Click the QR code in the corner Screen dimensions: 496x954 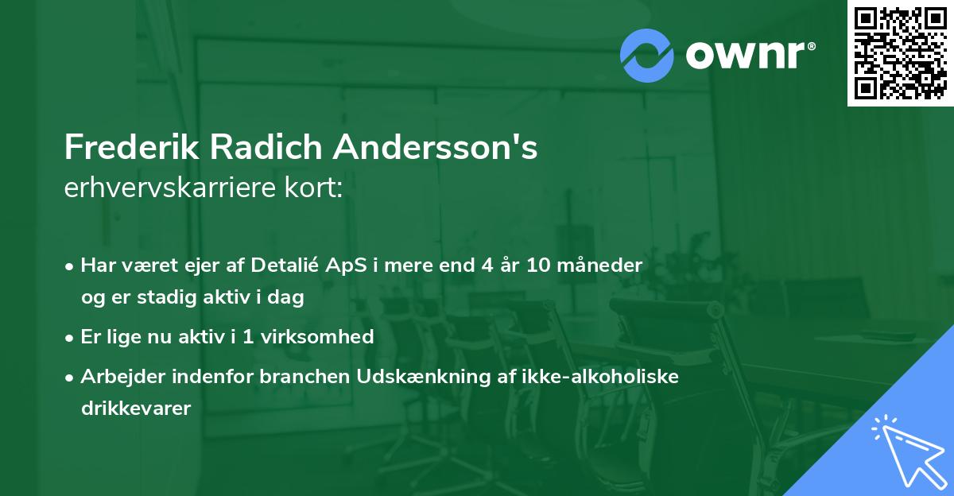coord(900,53)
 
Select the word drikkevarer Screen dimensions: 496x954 coord(135,409)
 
